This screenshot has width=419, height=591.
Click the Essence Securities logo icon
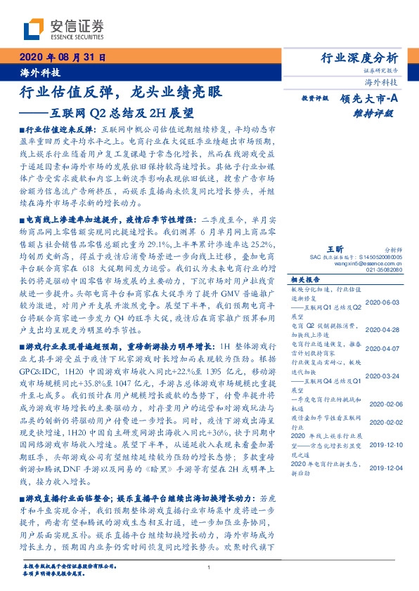click(x=32, y=29)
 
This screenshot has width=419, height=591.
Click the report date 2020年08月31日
click(x=62, y=58)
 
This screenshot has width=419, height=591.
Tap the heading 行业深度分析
click(x=359, y=58)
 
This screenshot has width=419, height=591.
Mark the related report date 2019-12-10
click(x=384, y=443)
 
